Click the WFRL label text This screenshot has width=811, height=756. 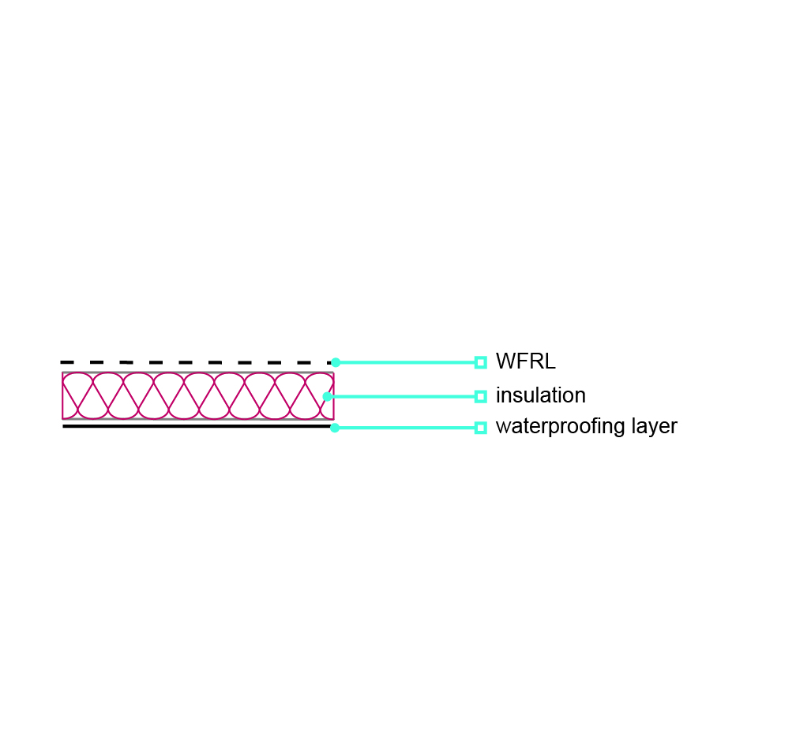(x=525, y=361)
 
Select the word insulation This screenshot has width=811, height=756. (x=540, y=395)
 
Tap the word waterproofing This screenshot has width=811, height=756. (x=560, y=427)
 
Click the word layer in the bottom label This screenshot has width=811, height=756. (x=655, y=427)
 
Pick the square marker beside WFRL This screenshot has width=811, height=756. (x=480, y=362)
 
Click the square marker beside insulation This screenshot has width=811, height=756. (x=480, y=396)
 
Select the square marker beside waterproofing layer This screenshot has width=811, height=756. (x=480, y=428)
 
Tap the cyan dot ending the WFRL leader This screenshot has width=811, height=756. (x=336, y=362)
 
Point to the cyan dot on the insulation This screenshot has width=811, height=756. (x=328, y=396)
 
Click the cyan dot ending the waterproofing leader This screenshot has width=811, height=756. (x=335, y=428)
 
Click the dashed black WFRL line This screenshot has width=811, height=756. (x=197, y=362)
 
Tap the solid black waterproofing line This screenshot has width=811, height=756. (x=197, y=426)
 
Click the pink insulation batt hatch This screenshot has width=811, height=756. (x=198, y=396)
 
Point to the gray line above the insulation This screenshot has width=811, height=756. (x=198, y=372)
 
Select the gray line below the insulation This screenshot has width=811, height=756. (x=198, y=419)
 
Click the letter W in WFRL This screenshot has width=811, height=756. (x=504, y=361)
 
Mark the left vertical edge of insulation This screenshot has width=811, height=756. (x=62, y=396)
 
